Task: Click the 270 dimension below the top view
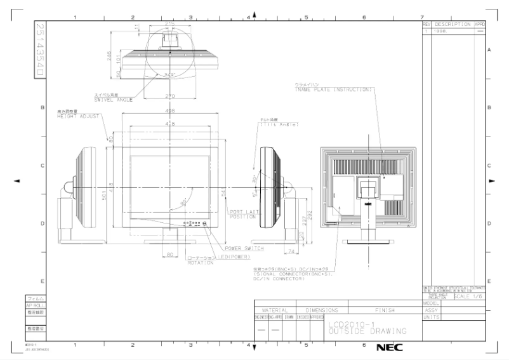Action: pos(169,96)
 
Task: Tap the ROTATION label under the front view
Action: pos(200,263)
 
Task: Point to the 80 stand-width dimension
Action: pos(169,254)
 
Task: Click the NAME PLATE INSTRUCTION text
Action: pos(333,90)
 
